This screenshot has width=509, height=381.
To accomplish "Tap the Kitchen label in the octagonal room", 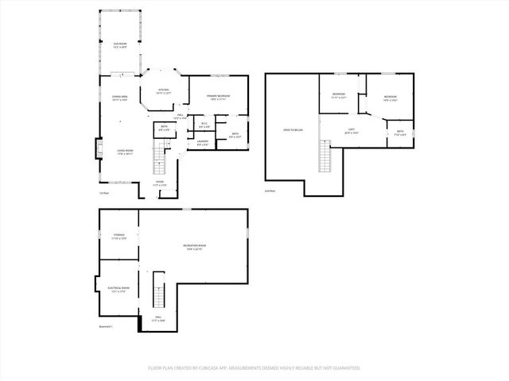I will pyautogui.click(x=163, y=91).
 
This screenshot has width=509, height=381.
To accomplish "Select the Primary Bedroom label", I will pyautogui.click(x=218, y=97).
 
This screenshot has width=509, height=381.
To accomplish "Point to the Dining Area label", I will pyautogui.click(x=120, y=98).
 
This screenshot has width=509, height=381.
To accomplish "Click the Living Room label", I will pyautogui.click(x=125, y=152).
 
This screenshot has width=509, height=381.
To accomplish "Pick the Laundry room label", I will pyautogui.click(x=202, y=143).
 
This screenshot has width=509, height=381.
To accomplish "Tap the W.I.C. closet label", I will pyautogui.click(x=204, y=125).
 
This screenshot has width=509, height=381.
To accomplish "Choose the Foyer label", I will pyautogui.click(x=160, y=184).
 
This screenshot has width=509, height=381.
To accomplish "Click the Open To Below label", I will pyautogui.click(x=292, y=129).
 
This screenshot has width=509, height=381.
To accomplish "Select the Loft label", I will pyautogui.click(x=351, y=131).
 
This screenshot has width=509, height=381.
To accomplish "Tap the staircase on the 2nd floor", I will pyautogui.click(x=324, y=156).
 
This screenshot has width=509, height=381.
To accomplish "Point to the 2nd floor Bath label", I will pyautogui.click(x=400, y=133).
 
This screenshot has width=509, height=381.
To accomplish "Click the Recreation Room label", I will pyautogui.click(x=194, y=248).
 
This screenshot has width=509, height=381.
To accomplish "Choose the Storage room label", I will pyautogui.click(x=119, y=237).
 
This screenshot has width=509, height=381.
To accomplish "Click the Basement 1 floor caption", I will pyautogui.click(x=106, y=326).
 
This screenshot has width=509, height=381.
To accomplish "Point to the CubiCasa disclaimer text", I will pyautogui.click(x=254, y=368).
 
